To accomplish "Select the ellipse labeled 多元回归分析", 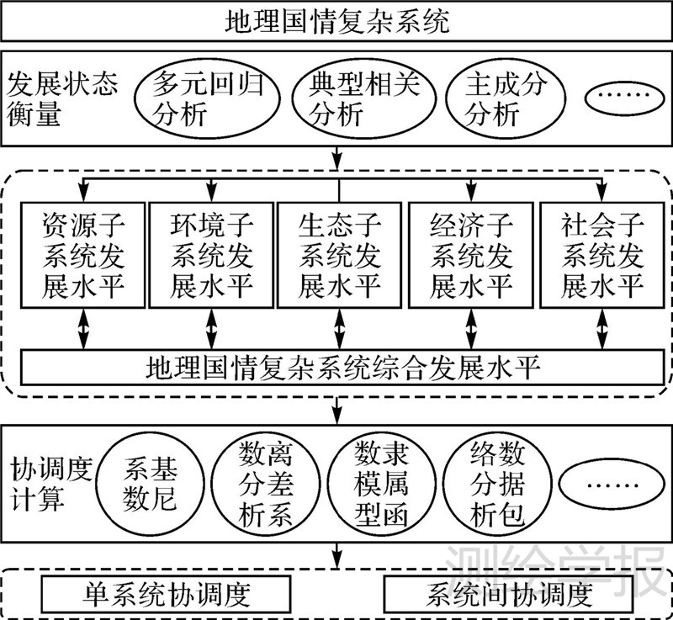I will pos(205,99).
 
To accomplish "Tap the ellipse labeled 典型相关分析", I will pos(363,99).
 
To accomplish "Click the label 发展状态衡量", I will pos(62,98).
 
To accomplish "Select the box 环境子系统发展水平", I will pos(211,256).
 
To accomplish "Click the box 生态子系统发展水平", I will pos(340,256).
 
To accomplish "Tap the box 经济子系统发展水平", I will pos(471,256).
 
